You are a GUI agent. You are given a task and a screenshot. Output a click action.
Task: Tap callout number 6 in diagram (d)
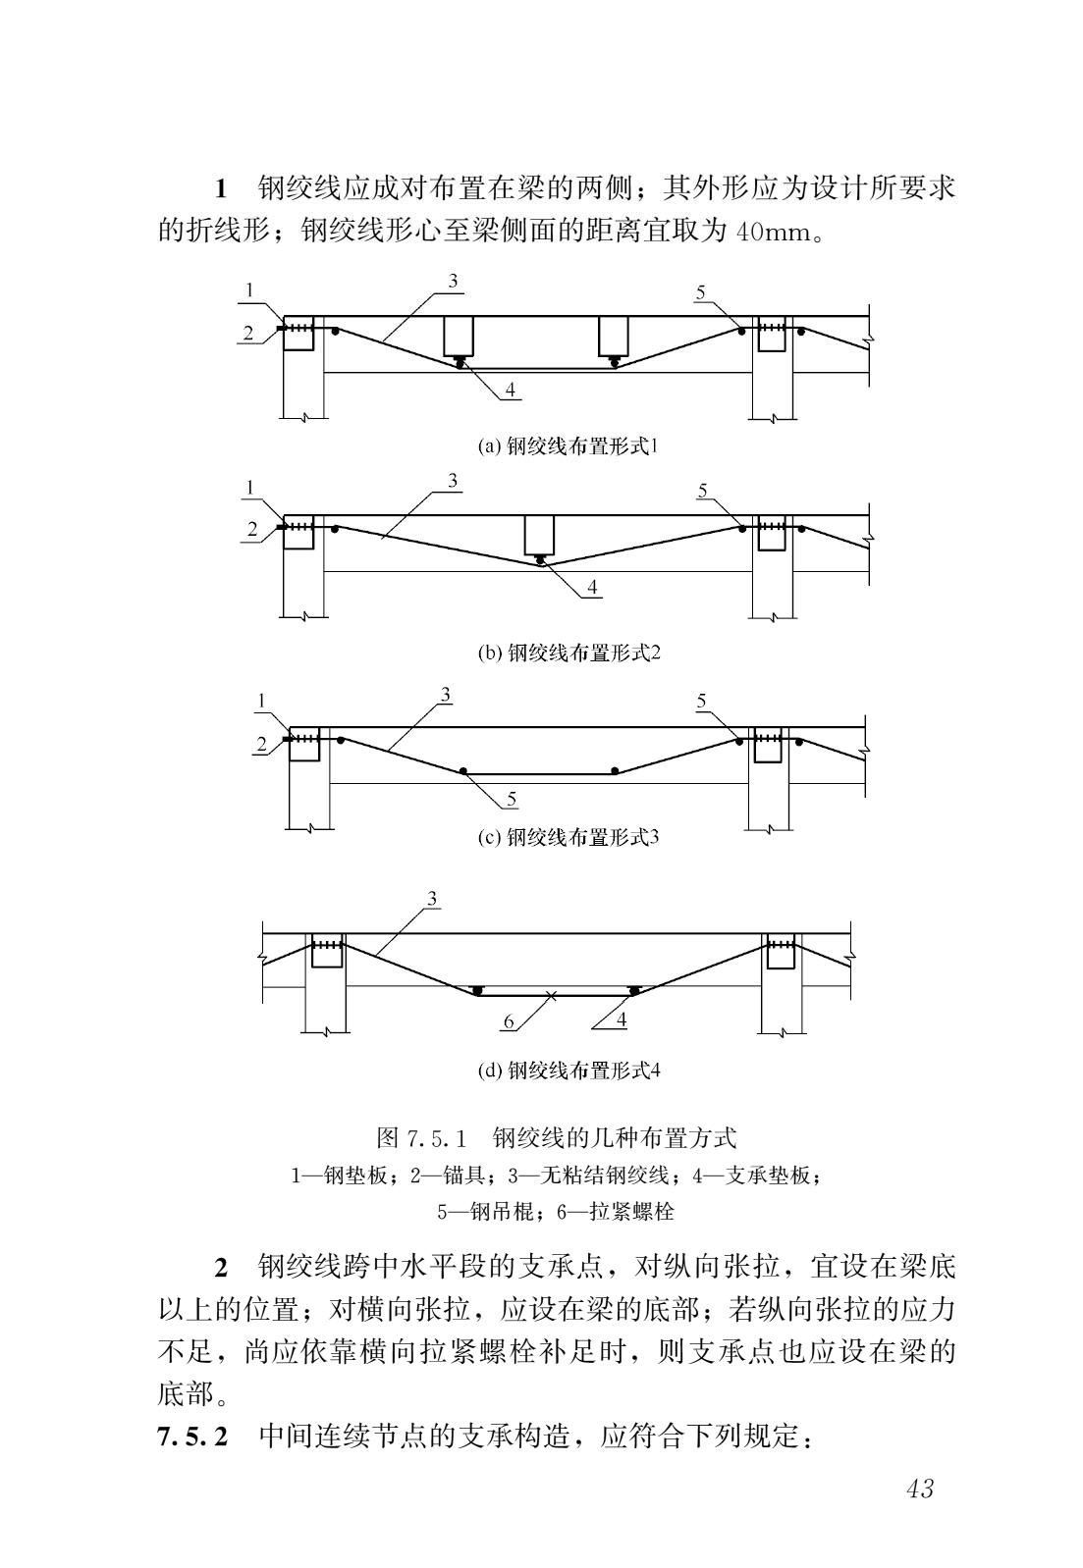[x=509, y=1022]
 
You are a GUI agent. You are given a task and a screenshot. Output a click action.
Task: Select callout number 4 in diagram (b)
[x=592, y=587]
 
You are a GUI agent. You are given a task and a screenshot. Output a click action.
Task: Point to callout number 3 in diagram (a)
[x=453, y=281]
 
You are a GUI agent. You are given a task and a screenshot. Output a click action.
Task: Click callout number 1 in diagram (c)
[x=262, y=701]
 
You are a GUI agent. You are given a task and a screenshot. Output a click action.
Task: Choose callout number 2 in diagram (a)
[x=248, y=334]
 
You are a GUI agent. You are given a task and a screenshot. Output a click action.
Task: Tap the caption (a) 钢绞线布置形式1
[x=568, y=445]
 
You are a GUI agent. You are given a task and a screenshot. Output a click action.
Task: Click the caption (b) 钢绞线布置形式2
[x=569, y=653]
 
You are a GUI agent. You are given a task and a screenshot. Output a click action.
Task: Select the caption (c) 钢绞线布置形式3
[x=569, y=837]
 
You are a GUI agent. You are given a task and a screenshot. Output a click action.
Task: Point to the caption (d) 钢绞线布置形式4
[x=569, y=1071]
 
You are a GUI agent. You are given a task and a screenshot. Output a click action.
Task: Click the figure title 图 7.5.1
[x=421, y=1137]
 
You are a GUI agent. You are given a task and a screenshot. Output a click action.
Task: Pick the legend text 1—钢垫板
[x=339, y=1176]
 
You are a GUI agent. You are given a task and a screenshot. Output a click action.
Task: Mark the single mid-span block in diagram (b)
[x=539, y=536]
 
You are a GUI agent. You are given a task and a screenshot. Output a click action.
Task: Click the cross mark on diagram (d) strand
[x=552, y=995]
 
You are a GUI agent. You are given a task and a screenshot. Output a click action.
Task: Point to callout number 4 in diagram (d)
[x=622, y=1019]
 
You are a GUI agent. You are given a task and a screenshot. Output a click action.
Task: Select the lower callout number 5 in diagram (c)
[x=512, y=799]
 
